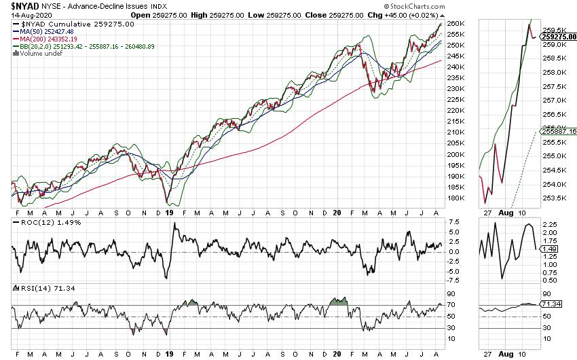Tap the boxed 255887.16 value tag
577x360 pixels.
[x=559, y=131]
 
